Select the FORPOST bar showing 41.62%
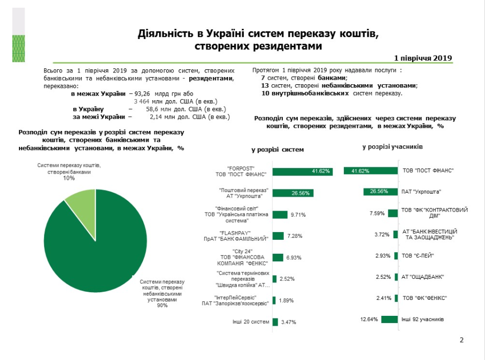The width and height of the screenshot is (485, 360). click(x=303, y=172)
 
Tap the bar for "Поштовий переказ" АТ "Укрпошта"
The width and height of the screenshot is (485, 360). click(x=293, y=193)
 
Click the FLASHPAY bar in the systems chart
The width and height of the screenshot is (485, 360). click(x=278, y=236)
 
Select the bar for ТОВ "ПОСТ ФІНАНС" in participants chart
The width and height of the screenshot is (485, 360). click(x=370, y=171)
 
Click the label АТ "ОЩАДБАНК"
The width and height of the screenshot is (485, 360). click(x=422, y=277)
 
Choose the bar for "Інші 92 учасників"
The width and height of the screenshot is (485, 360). click(x=389, y=319)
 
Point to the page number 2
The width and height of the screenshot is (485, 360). click(x=461, y=340)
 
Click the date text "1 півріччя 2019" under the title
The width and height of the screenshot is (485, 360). click(x=423, y=58)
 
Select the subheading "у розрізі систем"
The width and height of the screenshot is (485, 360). click(x=277, y=149)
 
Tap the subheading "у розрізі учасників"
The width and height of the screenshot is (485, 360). click(x=392, y=147)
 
